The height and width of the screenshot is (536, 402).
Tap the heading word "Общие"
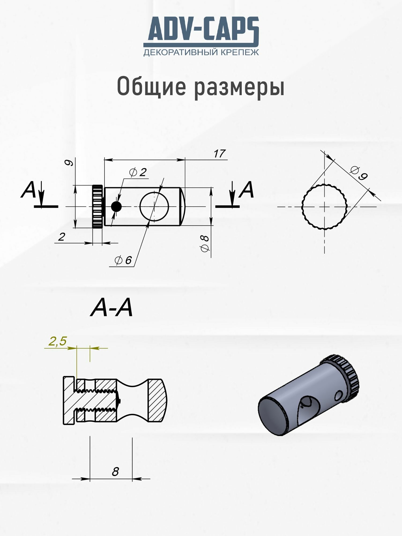pyautogui.click(x=151, y=86)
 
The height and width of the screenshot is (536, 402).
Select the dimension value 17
pyautogui.click(x=219, y=154)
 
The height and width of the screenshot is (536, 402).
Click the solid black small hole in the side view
pyautogui.click(x=116, y=207)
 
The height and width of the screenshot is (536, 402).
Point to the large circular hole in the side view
pyautogui.click(x=154, y=206)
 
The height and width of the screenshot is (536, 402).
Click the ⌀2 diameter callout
pyautogui.click(x=138, y=172)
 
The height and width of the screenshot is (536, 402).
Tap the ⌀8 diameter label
pyautogui.click(x=205, y=243)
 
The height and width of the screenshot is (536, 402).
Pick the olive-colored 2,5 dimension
pyautogui.click(x=57, y=341)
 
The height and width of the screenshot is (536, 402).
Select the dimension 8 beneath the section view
pyautogui.click(x=115, y=472)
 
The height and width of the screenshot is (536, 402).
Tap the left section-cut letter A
pyautogui.click(x=28, y=190)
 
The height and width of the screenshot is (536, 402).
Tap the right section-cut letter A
pyautogui.click(x=247, y=189)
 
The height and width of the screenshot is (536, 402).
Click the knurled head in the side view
pyautogui.click(x=98, y=206)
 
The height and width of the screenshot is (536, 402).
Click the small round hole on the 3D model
pyautogui.click(x=339, y=396)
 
